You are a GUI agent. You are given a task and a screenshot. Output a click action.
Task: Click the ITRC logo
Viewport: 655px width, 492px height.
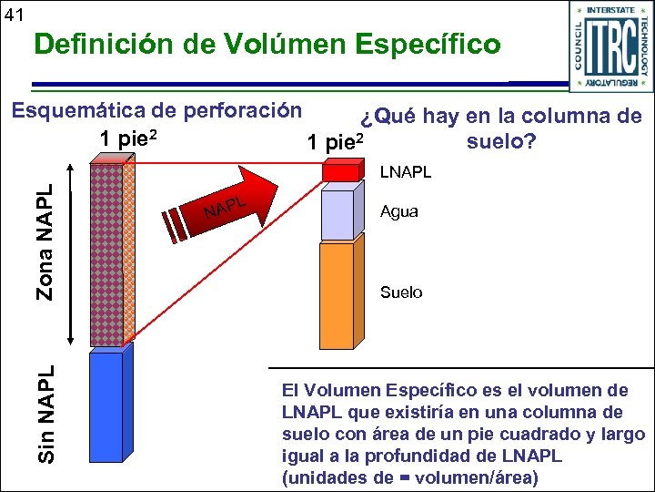604,45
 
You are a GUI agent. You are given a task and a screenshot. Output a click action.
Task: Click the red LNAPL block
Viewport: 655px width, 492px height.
343,172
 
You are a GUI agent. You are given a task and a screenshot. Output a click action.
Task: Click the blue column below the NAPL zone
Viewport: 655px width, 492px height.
106,405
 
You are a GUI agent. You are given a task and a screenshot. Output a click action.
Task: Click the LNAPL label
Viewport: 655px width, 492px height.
406,171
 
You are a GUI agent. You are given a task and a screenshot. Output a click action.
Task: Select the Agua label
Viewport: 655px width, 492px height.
401,212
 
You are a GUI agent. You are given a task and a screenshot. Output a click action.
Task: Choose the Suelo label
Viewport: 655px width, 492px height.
401,292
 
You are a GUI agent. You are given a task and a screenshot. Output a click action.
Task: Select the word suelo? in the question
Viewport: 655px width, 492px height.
500,143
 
